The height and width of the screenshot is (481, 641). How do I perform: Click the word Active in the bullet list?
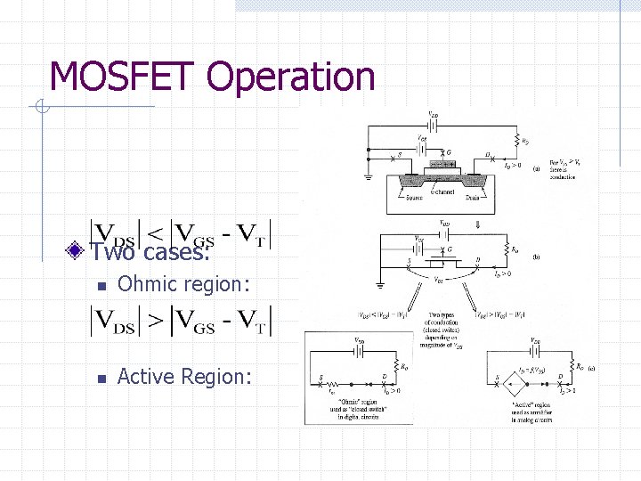[146, 377]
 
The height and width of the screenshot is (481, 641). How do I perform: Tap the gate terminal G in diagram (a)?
[448, 152]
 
